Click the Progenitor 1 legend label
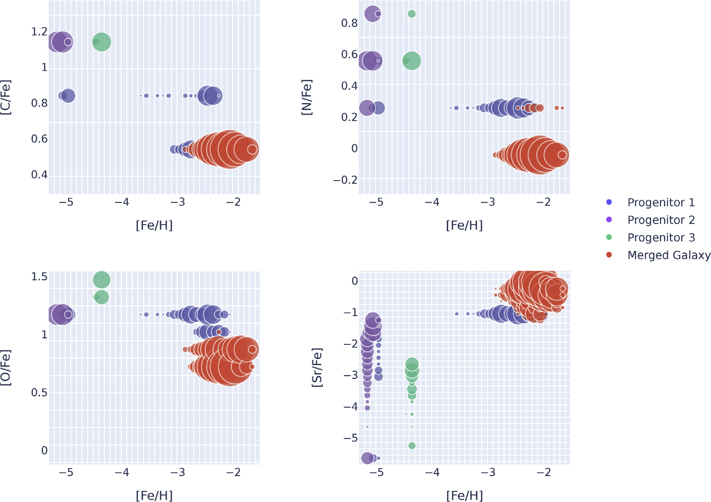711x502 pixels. [661, 203]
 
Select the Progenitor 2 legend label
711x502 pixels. [661, 220]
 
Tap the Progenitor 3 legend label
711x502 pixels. [661, 237]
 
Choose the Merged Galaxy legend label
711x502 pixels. [669, 255]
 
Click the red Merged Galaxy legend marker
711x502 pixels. [609, 255]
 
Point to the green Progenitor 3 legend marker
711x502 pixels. [609, 237]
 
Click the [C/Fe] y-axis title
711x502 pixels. [6, 98]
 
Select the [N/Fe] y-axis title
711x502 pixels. [307, 98]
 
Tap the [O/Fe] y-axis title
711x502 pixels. [6, 368]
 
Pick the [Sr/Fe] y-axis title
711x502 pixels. [317, 368]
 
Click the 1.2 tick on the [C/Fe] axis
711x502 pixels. [39, 32]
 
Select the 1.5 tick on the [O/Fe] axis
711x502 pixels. [39, 277]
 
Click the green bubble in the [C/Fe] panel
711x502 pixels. [102, 42]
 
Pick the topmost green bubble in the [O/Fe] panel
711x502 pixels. [101, 280]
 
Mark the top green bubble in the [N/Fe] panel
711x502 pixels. [412, 14]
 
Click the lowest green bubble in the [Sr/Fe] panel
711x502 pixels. [412, 446]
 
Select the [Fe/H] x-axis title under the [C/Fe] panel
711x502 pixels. [154, 225]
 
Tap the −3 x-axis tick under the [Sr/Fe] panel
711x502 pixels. [488, 472]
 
